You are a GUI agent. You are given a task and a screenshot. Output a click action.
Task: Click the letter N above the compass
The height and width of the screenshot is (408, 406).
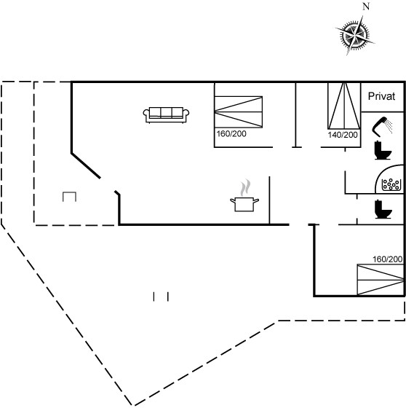pos(366,7)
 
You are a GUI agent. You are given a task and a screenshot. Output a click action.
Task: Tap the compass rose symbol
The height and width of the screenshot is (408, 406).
pos(355,35)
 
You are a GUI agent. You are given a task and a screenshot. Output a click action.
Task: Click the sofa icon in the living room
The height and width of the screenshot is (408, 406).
pos(166,115)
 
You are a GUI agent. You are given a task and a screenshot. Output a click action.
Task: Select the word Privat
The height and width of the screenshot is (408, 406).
pos(381,96)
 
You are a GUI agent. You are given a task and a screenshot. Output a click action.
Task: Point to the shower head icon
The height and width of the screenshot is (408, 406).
pos(382,127)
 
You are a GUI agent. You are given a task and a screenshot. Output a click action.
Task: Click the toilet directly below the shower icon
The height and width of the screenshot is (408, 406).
pos(383,150)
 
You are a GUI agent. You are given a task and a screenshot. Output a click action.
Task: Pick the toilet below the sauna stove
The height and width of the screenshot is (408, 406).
pos(383,209)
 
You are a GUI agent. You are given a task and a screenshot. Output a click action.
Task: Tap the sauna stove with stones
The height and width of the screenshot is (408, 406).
pos(391,184)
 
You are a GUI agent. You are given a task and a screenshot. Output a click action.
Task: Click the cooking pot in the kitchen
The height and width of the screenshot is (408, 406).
pos(244,204)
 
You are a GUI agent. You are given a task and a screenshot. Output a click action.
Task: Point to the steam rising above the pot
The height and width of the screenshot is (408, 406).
pos(245,188)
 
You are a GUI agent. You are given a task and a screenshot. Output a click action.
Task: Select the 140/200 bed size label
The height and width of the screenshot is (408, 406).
pos(343,135)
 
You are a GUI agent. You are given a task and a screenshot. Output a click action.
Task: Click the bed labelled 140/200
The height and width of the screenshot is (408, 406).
pos(344,106)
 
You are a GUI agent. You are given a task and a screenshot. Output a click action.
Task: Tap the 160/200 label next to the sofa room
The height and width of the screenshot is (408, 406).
pos(231,134)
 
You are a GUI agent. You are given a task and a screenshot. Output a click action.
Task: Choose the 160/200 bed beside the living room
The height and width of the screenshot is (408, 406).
pos(239,112)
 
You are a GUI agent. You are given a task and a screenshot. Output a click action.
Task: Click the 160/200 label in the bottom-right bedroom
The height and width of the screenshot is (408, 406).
pos(387,259)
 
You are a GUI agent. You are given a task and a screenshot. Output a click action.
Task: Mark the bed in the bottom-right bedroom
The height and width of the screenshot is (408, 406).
pos(381,280)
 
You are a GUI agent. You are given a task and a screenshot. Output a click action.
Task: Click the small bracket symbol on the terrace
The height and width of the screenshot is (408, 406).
pos(69,196)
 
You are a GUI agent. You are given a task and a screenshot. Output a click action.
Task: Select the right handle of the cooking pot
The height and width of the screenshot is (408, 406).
pos(256,200)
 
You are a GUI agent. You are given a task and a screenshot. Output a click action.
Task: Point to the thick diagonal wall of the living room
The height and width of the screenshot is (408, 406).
pos(86,166)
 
